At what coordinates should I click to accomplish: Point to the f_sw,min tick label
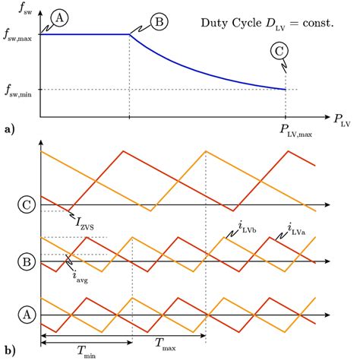coord(18,90)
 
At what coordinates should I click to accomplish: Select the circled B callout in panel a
coord(159,22)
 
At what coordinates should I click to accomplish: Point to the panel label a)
coord(9,130)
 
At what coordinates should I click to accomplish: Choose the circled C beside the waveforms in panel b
coord(27,205)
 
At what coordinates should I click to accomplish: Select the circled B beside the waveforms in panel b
coord(27,261)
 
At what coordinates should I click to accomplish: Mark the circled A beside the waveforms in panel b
coord(27,315)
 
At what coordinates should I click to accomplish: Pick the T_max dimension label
coord(168,341)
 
